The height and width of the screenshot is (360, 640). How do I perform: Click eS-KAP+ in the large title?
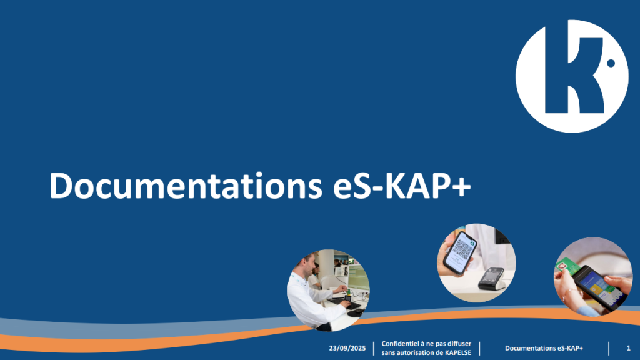pos(402,186)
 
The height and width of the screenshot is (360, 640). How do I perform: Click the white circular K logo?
pos(572,76)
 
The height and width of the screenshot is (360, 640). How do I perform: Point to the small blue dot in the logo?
pos(611,63)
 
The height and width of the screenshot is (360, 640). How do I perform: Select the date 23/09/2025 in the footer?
pos(347,348)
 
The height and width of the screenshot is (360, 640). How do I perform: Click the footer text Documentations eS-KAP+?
pos(544,348)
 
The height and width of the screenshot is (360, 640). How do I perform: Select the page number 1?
pos(629,348)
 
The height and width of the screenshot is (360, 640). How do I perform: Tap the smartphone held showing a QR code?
pos(459,252)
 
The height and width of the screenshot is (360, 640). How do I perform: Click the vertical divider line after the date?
pos(374,349)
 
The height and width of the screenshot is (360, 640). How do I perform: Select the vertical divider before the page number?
pos(609,349)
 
